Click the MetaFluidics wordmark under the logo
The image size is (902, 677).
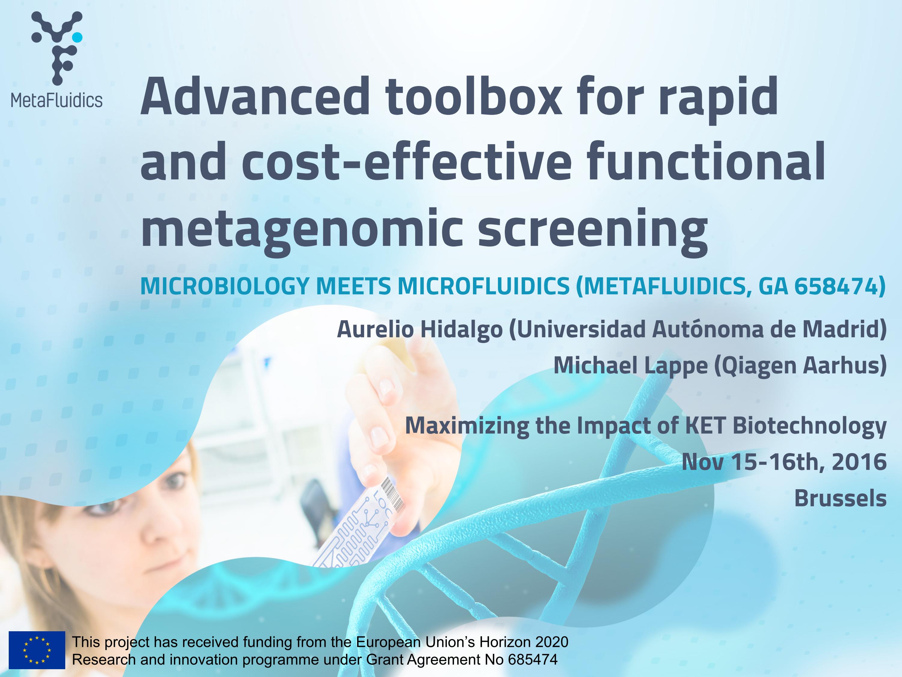(57, 100)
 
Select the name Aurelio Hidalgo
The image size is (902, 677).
(420, 329)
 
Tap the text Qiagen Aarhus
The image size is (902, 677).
(800, 365)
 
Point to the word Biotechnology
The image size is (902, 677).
(809, 426)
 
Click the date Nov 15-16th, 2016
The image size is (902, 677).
(784, 462)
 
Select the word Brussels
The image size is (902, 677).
(840, 498)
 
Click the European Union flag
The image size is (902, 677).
(37, 650)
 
